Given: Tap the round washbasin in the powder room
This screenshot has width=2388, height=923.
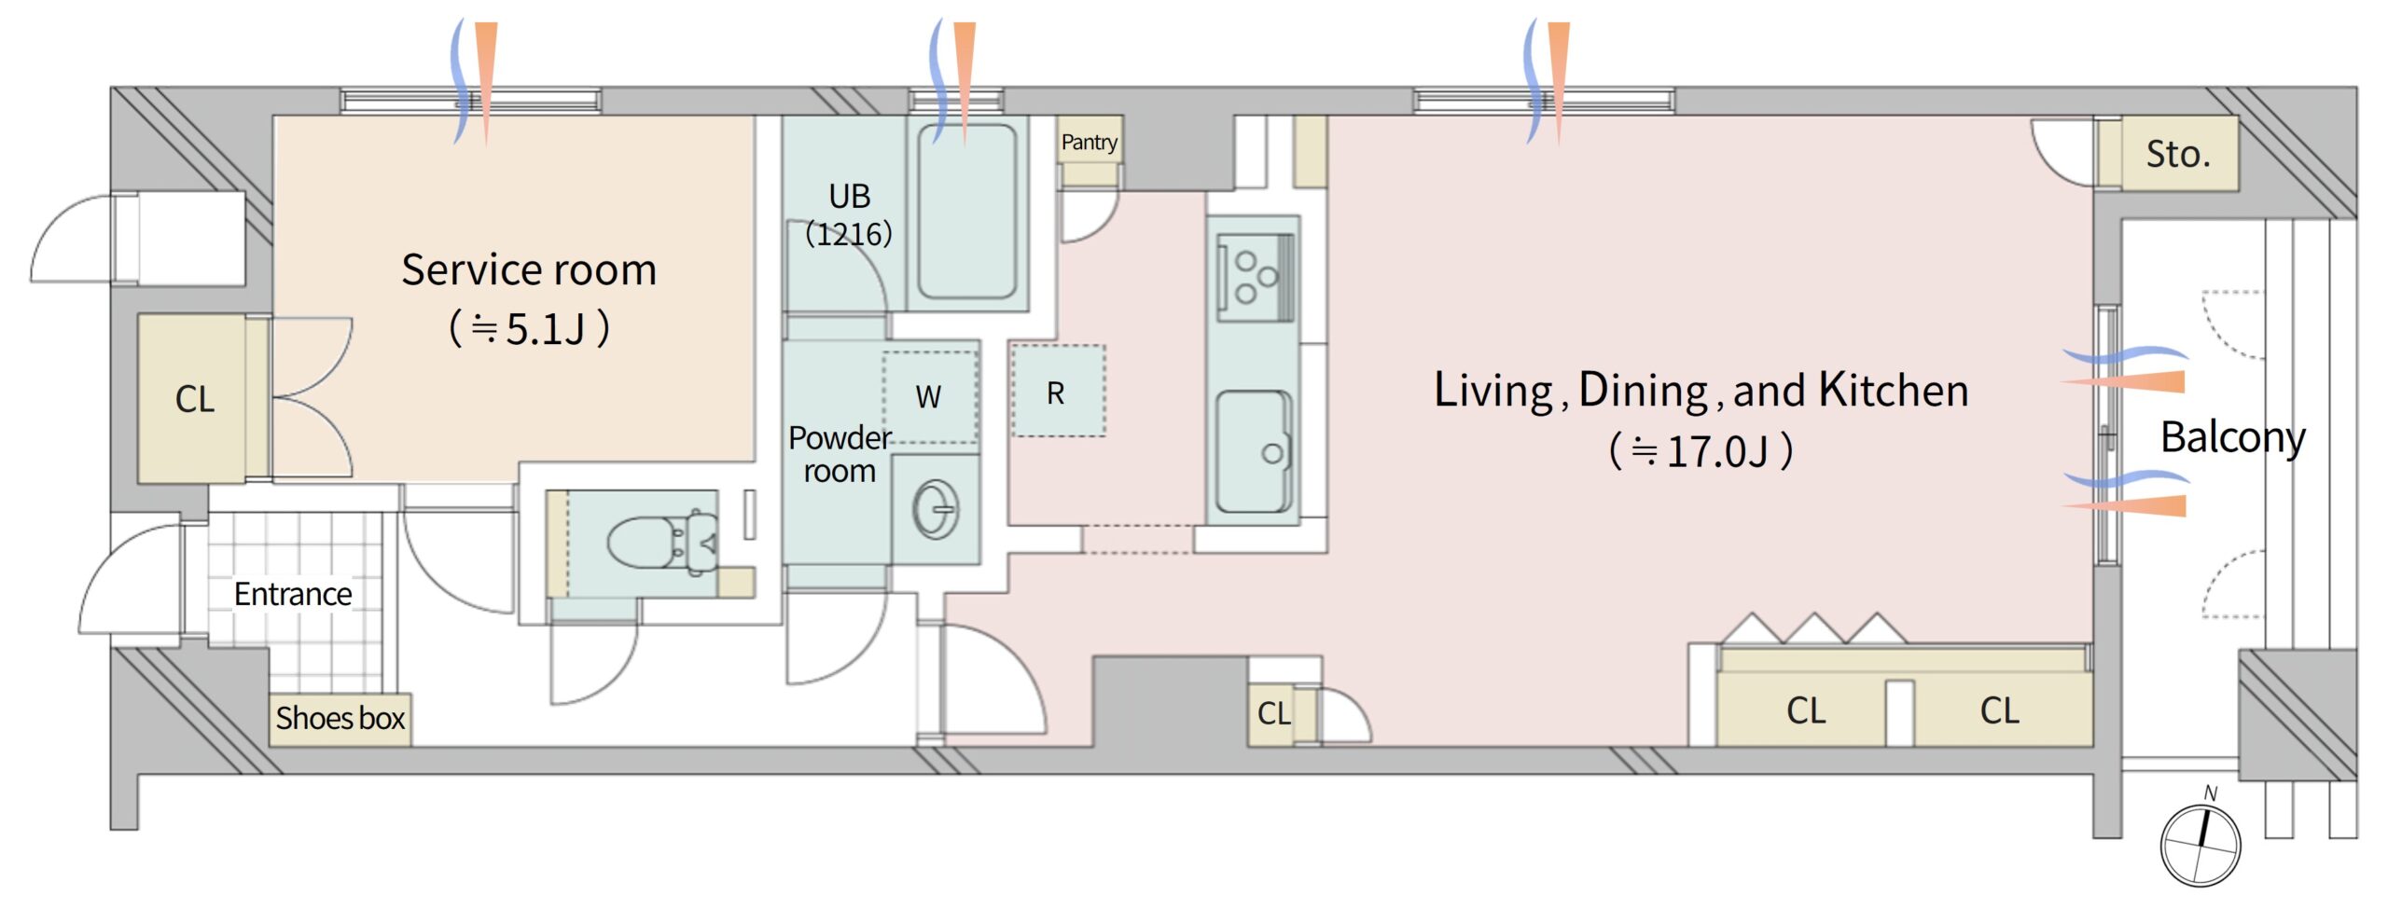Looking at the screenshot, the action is coord(935,509).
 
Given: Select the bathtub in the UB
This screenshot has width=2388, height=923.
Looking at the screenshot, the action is coord(966,212).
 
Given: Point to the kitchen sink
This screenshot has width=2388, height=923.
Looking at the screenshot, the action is coord(1254,451).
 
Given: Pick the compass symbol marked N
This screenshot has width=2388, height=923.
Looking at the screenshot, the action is coord(2201,842).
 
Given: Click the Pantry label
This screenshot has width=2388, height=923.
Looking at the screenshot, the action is coord(1089,143).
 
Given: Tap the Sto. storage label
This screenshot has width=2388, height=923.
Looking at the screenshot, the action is coord(2178,154).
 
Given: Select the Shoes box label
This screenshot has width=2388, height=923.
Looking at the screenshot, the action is coord(340,718).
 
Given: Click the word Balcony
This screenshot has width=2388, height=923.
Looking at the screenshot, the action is coord(2233,437).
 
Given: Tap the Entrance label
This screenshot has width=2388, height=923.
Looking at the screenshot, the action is coord(293,594).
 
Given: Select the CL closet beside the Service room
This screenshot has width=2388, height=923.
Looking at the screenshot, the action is coord(195,399).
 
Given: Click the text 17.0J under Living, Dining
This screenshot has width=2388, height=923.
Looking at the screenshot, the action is coord(1716,451).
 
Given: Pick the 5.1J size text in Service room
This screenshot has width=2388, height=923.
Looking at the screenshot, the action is coord(545,329).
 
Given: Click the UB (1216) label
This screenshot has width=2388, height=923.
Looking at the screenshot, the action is coord(849,214).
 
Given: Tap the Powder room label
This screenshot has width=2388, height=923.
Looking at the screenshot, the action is coord(840,454).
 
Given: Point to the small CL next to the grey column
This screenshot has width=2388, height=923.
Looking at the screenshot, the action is coord(1274,713).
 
